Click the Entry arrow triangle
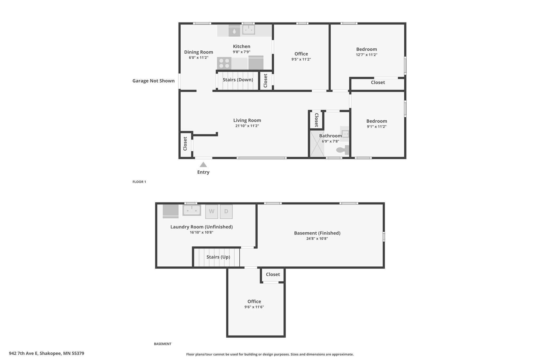[203, 165]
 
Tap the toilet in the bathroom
[343, 150]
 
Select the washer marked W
[212, 212]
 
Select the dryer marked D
[226, 212]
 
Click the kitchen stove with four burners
[224, 63]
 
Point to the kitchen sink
[248, 30]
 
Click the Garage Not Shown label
[153, 81]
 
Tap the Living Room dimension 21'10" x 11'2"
[247, 126]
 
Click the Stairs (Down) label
[238, 80]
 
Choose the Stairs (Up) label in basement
[218, 257]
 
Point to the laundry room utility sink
[192, 210]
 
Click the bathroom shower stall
[317, 144]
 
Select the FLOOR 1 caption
[139, 182]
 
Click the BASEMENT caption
[163, 344]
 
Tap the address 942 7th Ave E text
[23, 353]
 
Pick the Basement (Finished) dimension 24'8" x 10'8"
[317, 239]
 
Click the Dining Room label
[199, 52]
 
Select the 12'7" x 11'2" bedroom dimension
[367, 55]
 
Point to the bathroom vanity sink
[345, 134]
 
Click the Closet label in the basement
[273, 274]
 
